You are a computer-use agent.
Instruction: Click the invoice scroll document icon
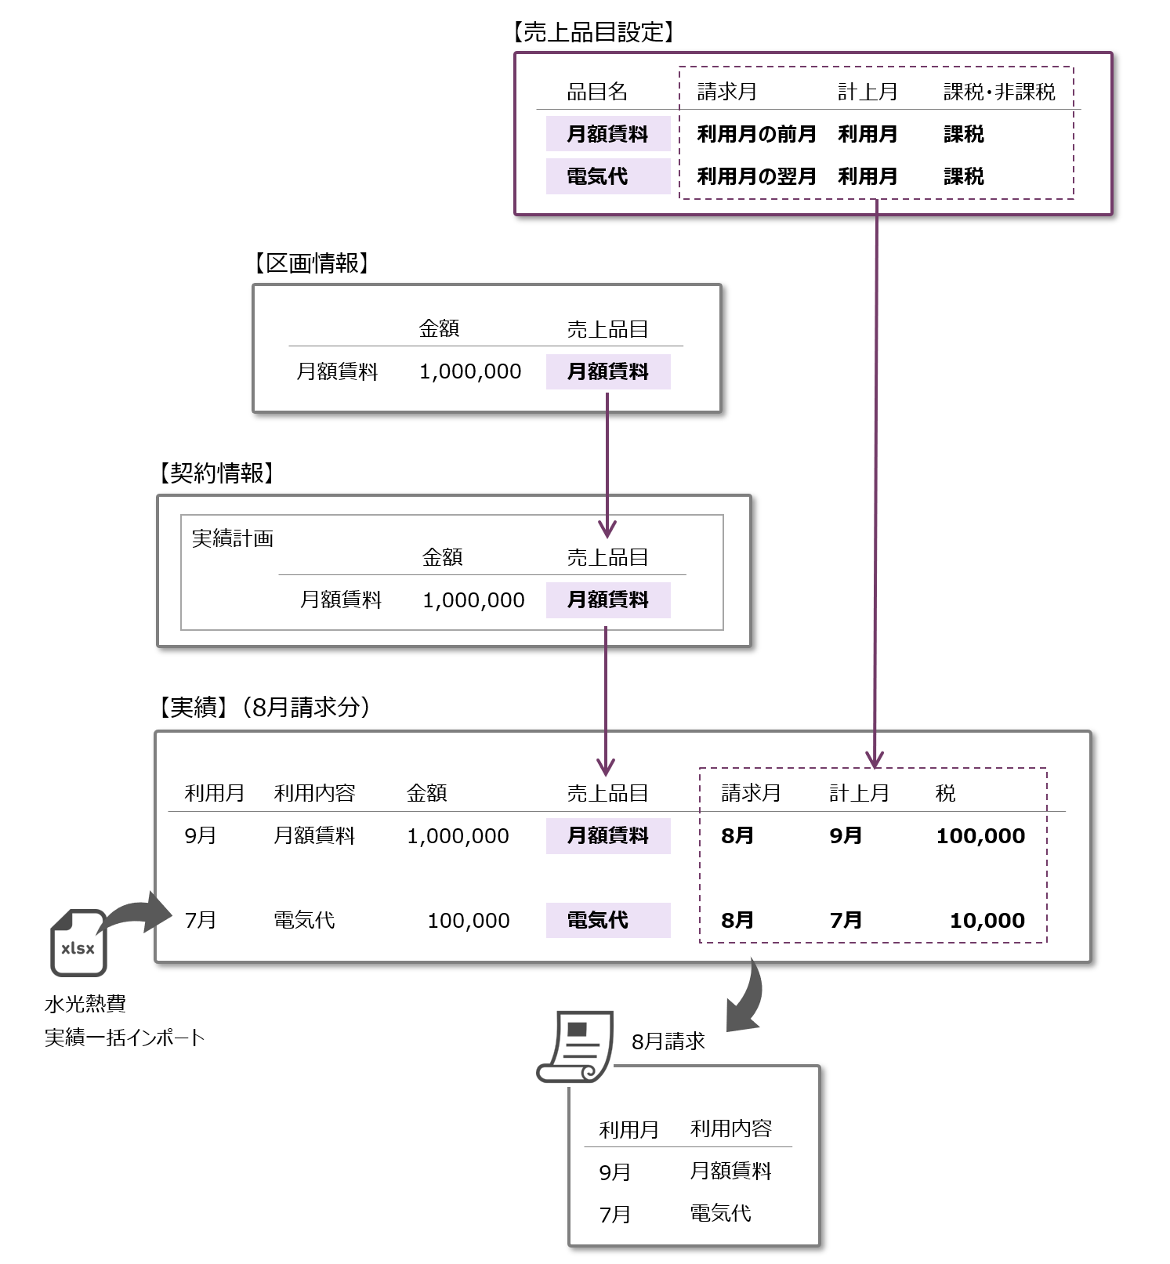click(x=576, y=1047)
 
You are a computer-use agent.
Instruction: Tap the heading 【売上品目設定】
click(x=593, y=32)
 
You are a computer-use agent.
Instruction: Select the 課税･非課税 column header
click(x=999, y=92)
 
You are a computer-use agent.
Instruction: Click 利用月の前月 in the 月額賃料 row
click(x=756, y=134)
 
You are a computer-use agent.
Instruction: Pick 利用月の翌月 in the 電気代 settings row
click(x=756, y=176)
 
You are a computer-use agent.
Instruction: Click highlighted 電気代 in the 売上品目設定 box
click(x=598, y=176)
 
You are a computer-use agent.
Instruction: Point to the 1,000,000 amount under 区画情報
click(x=470, y=371)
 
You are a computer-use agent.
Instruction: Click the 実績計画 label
click(x=233, y=538)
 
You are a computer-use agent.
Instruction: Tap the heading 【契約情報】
click(x=216, y=473)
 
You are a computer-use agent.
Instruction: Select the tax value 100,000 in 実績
click(x=980, y=836)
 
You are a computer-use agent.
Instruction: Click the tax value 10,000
click(x=987, y=921)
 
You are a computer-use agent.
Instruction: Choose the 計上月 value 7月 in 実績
click(x=846, y=921)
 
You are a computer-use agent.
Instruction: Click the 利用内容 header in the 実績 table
click(x=314, y=793)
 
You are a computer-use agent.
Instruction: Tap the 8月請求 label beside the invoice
click(x=668, y=1041)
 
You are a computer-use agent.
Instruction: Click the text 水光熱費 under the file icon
click(x=85, y=1004)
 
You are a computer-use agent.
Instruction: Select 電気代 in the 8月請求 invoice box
click(x=720, y=1214)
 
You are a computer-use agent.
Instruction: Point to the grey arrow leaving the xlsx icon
click(x=141, y=913)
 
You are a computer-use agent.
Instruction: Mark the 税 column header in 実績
click(x=945, y=793)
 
